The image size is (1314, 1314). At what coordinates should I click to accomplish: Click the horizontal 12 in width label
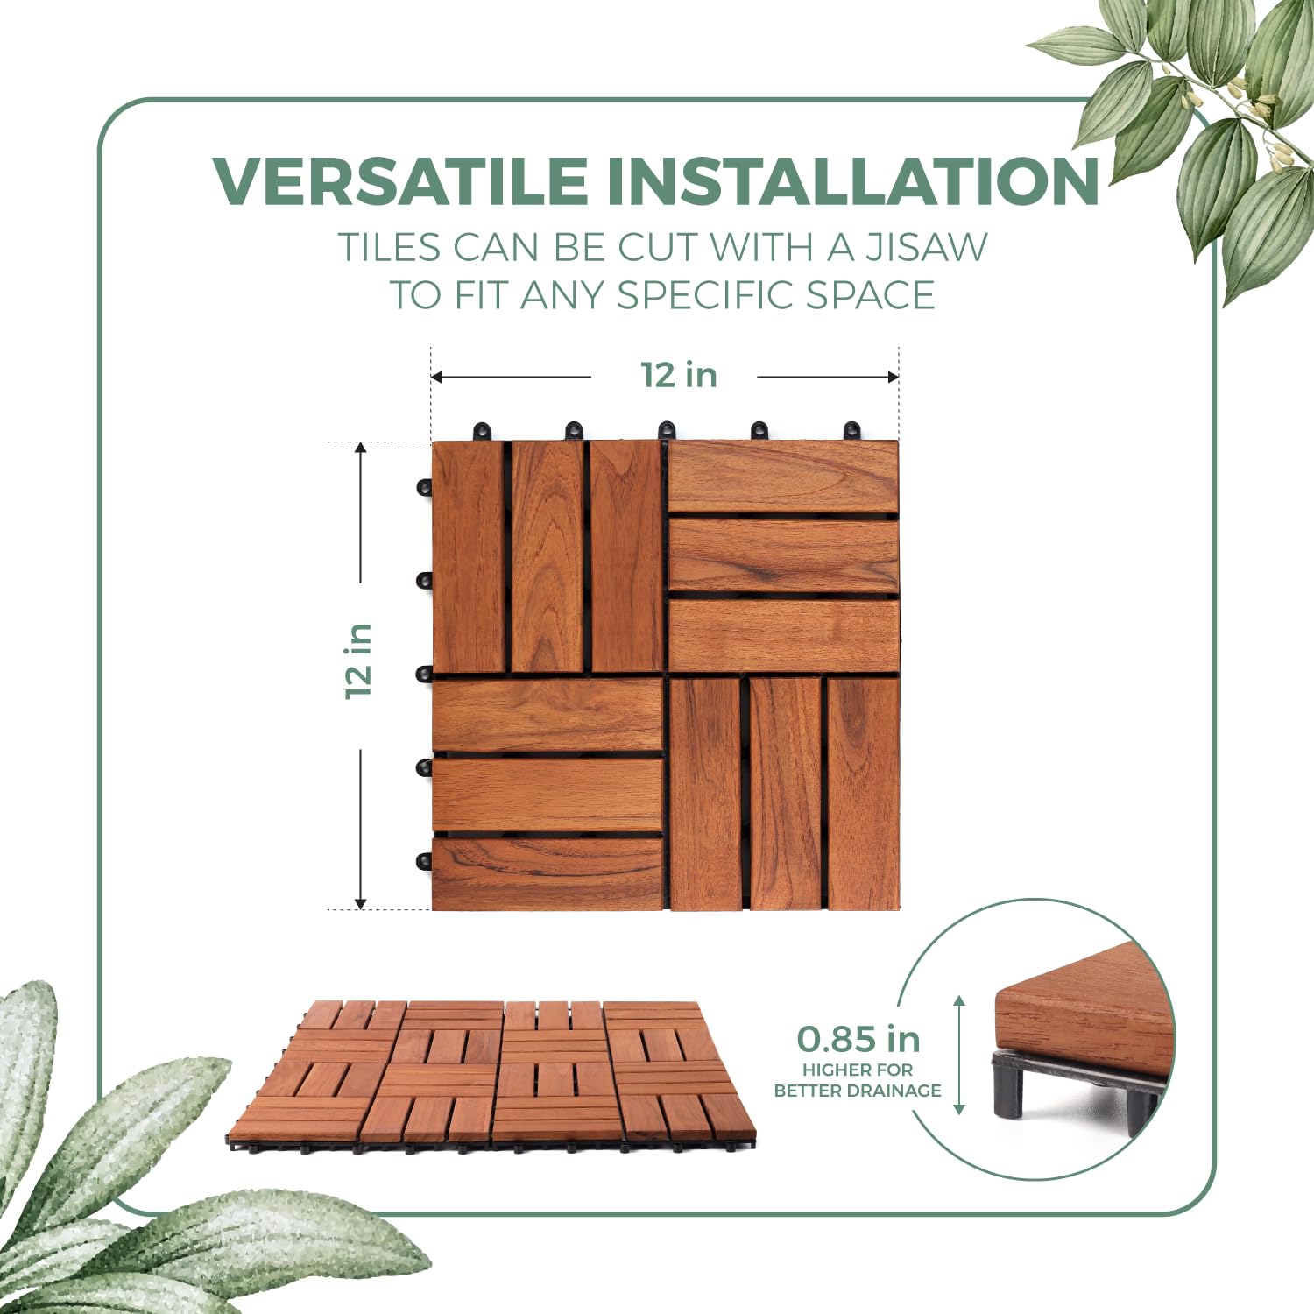[679, 375]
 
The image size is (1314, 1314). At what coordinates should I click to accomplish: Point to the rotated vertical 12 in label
[359, 661]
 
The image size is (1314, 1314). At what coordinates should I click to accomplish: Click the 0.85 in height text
[858, 1040]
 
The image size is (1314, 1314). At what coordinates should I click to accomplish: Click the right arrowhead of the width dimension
[894, 378]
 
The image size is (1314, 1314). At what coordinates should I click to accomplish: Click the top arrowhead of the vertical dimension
[360, 449]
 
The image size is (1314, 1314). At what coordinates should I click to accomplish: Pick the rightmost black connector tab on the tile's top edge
[851, 431]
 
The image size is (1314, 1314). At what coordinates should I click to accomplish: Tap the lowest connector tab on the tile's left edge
[424, 861]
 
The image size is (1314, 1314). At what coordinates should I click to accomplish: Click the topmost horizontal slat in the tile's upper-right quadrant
[783, 477]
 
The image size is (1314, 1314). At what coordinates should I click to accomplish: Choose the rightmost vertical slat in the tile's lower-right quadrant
[864, 793]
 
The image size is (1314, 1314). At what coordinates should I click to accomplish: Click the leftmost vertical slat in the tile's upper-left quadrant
[468, 557]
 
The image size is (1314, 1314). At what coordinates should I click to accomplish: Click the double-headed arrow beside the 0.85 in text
[959, 1055]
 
